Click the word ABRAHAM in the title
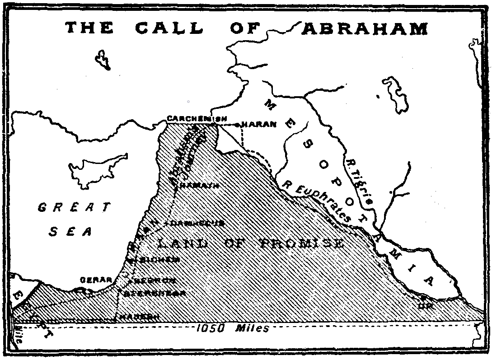[365, 28]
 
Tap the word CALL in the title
[172, 28]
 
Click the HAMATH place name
[200, 186]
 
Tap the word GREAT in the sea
[74, 208]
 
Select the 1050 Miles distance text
[232, 328]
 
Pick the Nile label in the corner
[18, 333]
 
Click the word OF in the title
[246, 28]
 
